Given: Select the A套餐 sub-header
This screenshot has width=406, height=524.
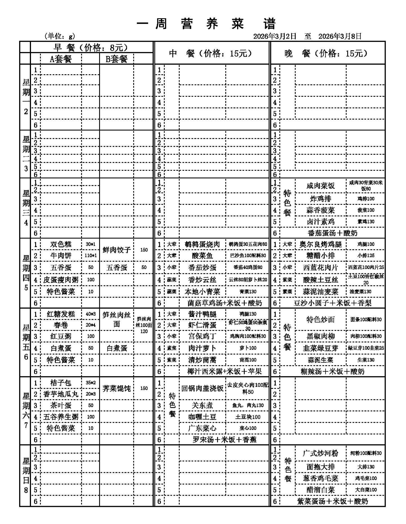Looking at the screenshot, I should click(61, 59).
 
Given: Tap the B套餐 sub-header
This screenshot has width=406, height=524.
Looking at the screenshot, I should click(116, 59).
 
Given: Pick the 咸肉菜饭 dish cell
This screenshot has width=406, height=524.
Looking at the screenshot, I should click(320, 186).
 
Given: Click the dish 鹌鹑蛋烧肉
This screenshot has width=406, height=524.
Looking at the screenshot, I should click(202, 244).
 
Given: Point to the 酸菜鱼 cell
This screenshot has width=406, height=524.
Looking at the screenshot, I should click(202, 256).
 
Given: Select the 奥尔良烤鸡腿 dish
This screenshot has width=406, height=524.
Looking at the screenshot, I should click(320, 244).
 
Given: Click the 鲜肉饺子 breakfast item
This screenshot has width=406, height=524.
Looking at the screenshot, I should click(116, 250).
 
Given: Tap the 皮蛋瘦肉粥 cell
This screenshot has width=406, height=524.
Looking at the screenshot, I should click(61, 280).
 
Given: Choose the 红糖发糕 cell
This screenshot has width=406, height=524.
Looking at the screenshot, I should click(61, 314).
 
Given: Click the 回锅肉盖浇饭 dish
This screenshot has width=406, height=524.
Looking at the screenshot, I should click(202, 389).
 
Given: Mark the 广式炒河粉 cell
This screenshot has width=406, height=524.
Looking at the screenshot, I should click(320, 453).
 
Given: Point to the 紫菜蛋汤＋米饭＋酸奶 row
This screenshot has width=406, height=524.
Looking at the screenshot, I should click(333, 501).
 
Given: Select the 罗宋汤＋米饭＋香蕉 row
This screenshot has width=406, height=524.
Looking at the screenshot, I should click(224, 440).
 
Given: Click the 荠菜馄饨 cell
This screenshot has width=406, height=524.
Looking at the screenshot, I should click(116, 389).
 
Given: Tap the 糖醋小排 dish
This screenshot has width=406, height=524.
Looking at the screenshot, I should click(320, 256).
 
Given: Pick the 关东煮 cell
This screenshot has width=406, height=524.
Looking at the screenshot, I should click(202, 406).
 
